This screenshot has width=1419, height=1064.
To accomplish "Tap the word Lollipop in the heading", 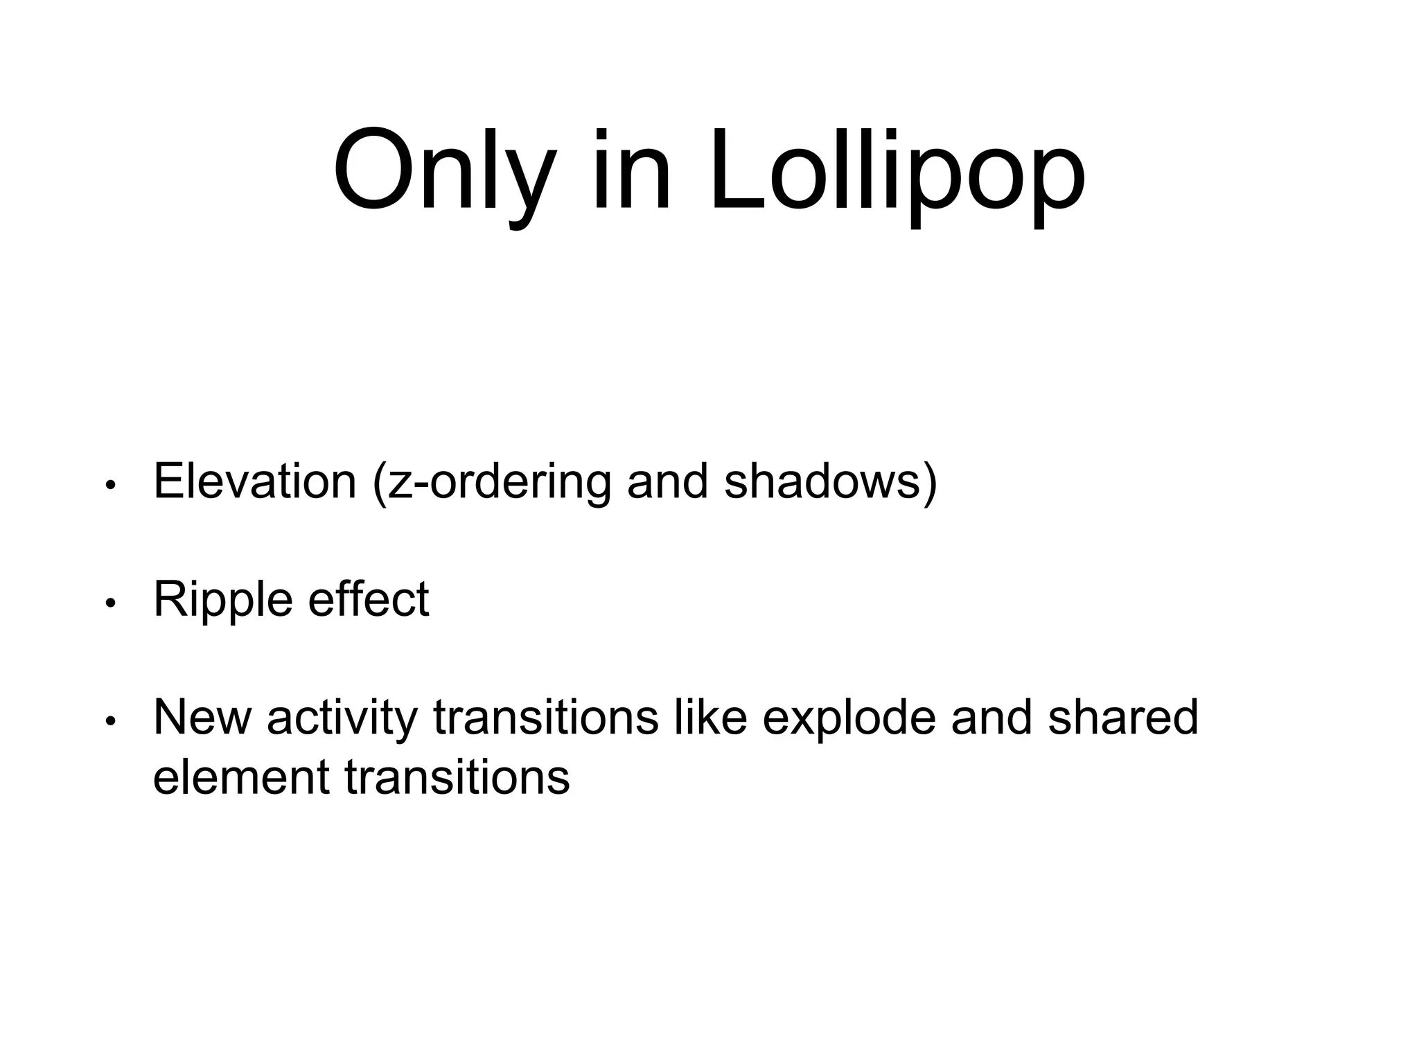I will click(x=897, y=173).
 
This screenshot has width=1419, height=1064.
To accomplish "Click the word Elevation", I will click(x=254, y=481).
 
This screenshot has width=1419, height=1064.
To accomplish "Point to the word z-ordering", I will click(x=500, y=482).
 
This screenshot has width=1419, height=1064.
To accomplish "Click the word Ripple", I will click(x=223, y=600).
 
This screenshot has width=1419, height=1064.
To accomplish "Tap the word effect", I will click(x=368, y=598).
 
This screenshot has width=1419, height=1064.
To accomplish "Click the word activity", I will click(x=342, y=718).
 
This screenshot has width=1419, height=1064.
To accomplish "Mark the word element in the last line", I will click(x=240, y=777).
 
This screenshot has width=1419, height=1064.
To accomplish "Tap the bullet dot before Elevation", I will click(x=109, y=486).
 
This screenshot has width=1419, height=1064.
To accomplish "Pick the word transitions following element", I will click(x=457, y=777).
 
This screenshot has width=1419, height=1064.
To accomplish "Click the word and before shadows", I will click(x=667, y=481).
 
